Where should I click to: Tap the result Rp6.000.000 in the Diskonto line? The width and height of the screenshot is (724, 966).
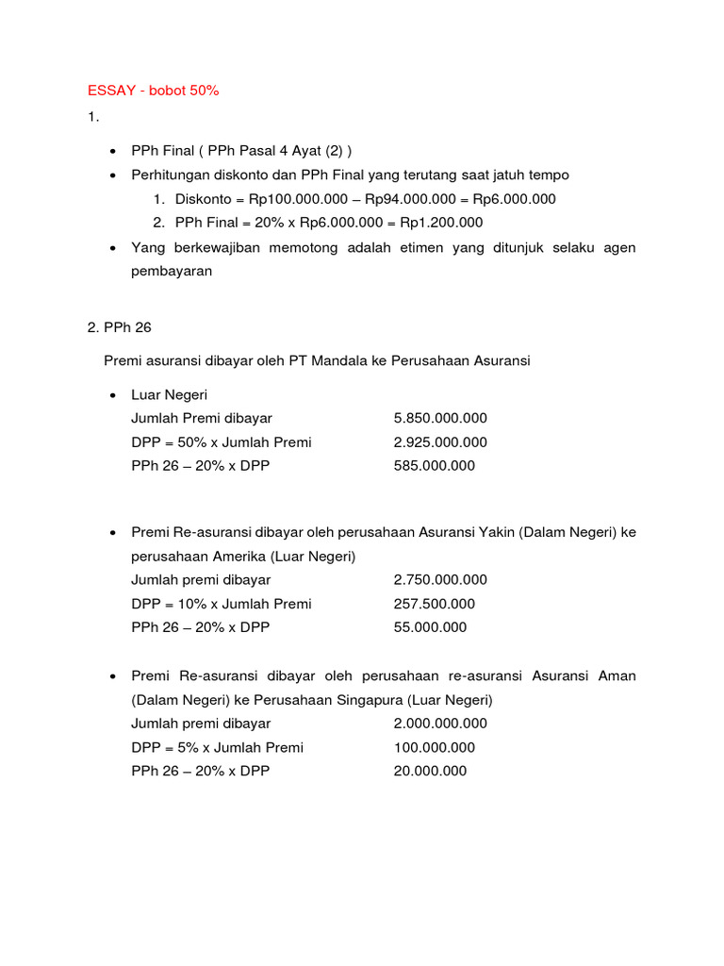tap(515, 199)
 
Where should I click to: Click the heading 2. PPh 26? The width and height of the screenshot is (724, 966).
tap(119, 328)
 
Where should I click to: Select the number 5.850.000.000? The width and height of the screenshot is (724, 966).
tap(440, 418)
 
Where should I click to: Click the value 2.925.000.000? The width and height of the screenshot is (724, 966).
tap(440, 442)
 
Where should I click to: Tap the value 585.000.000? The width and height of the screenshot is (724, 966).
tap(435, 466)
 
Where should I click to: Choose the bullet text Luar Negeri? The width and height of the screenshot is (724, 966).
tap(169, 394)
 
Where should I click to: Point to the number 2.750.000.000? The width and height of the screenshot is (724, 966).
tap(440, 580)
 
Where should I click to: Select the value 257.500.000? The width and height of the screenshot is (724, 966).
tap(435, 604)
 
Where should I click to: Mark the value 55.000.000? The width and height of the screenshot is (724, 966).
tap(430, 627)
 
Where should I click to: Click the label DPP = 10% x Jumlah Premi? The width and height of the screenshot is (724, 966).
tap(222, 604)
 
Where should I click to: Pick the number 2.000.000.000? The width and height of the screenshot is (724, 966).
tap(440, 724)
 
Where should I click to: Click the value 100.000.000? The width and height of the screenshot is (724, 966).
tap(435, 747)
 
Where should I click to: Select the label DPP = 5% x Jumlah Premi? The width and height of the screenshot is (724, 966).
tap(218, 747)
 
